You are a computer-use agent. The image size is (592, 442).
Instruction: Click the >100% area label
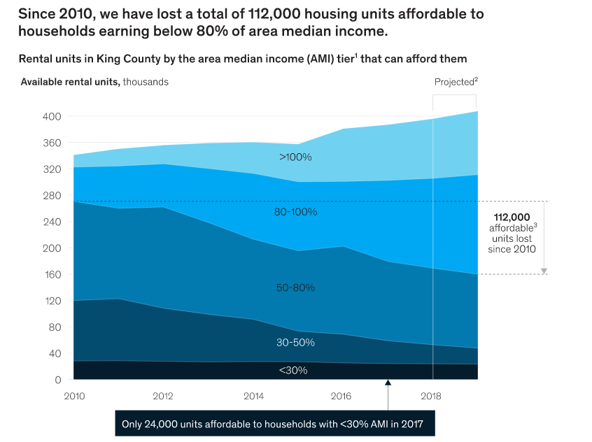tap(295, 157)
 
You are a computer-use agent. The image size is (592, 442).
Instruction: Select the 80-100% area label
tap(295, 211)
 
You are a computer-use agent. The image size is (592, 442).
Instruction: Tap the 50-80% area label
tap(295, 287)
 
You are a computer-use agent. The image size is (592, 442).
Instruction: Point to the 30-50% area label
tap(295, 343)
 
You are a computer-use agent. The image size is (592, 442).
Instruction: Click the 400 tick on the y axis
tap(53, 116)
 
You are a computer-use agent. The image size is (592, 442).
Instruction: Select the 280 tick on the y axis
tap(53, 195)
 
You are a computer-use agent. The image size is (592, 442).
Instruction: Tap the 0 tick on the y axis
tap(58, 380)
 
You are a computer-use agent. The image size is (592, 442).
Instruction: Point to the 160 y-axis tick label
tap(53, 274)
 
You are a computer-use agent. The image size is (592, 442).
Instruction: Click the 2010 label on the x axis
tap(74, 396)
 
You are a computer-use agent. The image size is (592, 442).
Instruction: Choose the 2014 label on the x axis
tap(253, 396)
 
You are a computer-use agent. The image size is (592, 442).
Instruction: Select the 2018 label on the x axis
tap(432, 396)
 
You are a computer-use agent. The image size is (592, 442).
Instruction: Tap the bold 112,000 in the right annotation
tap(512, 217)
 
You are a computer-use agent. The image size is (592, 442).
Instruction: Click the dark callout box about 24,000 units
tap(274, 424)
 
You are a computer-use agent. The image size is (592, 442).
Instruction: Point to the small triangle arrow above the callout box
tap(387, 382)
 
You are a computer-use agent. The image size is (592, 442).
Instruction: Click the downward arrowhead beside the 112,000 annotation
tap(544, 271)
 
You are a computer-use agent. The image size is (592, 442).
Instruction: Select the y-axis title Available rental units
tap(70, 82)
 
